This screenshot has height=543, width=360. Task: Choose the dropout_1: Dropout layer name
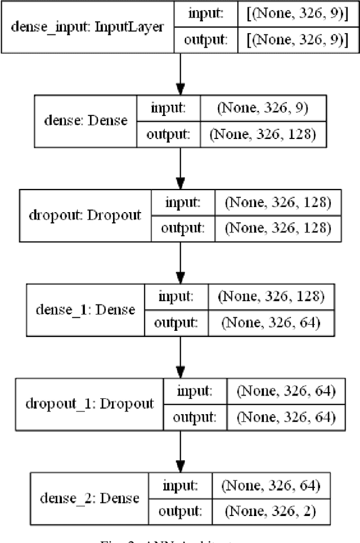[x=89, y=404]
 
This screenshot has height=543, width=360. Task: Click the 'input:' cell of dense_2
[x=179, y=484]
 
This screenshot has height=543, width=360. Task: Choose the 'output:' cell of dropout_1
[x=195, y=417]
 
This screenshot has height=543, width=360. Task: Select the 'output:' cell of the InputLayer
[x=207, y=39]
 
